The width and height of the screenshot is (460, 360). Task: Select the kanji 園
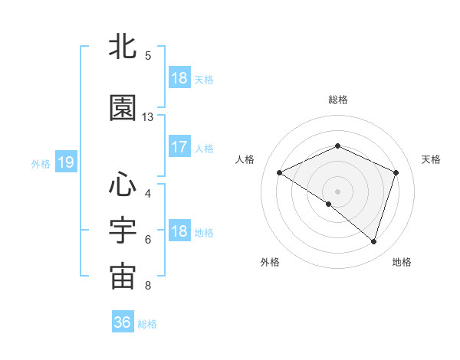pos(123,108)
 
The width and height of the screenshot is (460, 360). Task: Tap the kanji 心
pos(123,185)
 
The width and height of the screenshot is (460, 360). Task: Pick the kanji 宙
pos(123,277)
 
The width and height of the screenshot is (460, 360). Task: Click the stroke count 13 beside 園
pos(148,117)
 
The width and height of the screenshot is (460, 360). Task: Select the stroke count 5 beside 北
pos(148,56)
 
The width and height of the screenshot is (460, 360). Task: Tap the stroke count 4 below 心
pos(148,193)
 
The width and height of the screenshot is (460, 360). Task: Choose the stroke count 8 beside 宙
pos(148,286)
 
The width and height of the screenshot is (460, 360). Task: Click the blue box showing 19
pos(65,162)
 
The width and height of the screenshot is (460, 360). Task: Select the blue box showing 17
pos(179,147)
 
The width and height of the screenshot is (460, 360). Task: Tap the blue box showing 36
pos(123,322)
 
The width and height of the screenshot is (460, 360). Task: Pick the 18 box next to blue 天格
pos(179,78)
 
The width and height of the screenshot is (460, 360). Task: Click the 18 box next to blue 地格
pos(179,232)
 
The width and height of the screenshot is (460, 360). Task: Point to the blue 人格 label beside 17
pos(204,148)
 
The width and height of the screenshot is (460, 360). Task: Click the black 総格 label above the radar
pos(338,100)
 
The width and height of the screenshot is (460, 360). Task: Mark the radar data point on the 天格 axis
pos(396,172)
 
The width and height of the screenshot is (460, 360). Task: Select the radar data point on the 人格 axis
pos(280,172)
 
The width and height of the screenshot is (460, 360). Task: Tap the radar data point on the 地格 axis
pos(373,241)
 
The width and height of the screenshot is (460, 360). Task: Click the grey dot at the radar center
pos(337,191)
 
